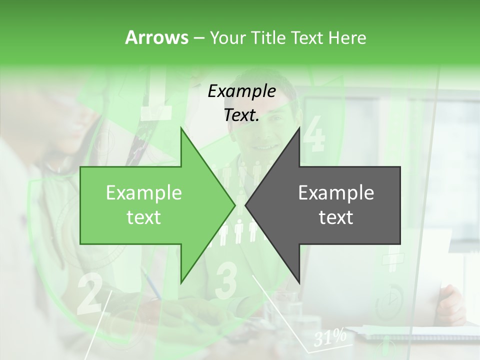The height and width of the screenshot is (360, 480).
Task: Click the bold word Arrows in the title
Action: (156, 37)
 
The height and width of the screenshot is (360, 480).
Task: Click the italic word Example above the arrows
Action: (241, 91)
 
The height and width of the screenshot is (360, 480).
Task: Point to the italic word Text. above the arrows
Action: (241, 115)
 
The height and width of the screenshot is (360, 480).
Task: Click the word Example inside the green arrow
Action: (144, 193)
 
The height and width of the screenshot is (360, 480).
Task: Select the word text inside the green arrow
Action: (144, 217)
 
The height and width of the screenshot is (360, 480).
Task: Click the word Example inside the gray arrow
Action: (336, 193)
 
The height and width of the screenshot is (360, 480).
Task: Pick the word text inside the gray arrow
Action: (336, 217)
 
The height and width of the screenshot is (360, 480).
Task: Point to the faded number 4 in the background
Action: (314, 134)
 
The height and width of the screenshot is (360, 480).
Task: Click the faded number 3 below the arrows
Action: (226, 280)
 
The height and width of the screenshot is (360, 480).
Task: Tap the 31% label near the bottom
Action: (330, 338)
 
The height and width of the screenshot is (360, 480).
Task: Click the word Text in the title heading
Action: (308, 37)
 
